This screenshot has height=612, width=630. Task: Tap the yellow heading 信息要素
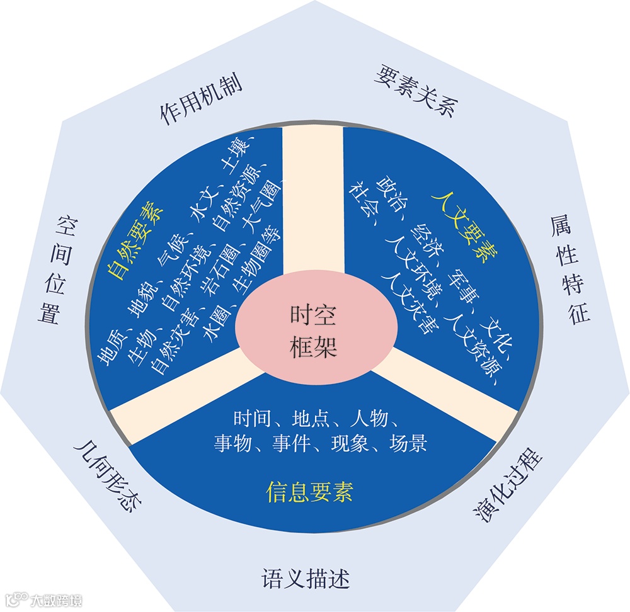click(309, 490)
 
